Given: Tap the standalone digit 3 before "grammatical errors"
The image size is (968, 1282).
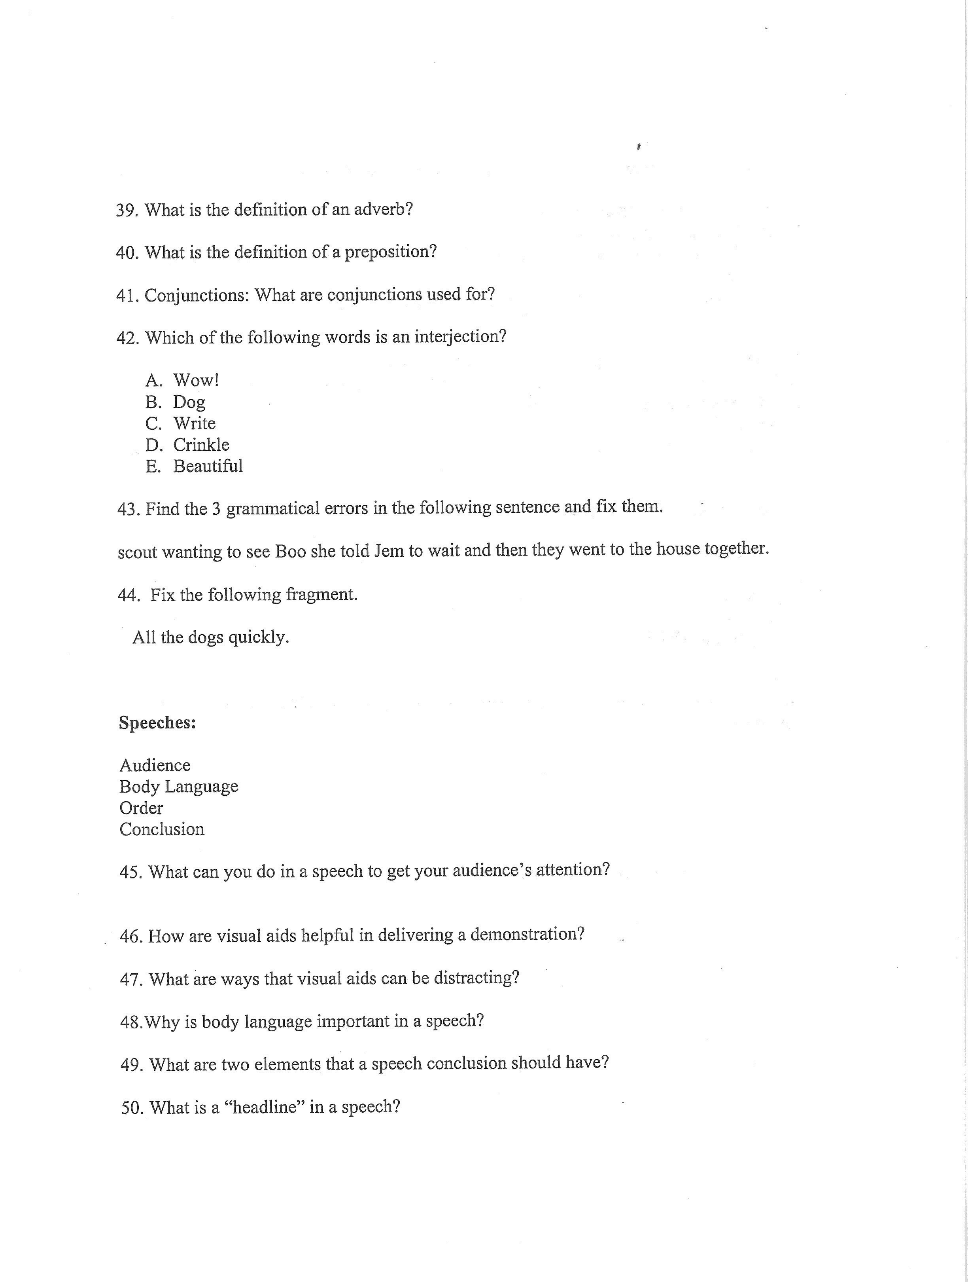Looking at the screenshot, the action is click(x=216, y=509).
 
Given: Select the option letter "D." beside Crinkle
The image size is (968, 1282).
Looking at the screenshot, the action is click(x=154, y=445).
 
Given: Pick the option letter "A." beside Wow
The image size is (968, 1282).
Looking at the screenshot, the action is click(x=154, y=381).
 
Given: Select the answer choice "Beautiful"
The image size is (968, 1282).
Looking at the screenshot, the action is click(x=208, y=466).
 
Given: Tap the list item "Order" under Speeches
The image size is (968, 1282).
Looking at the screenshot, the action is click(x=141, y=808).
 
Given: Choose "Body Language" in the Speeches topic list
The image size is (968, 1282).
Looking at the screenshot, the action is click(x=179, y=787).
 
